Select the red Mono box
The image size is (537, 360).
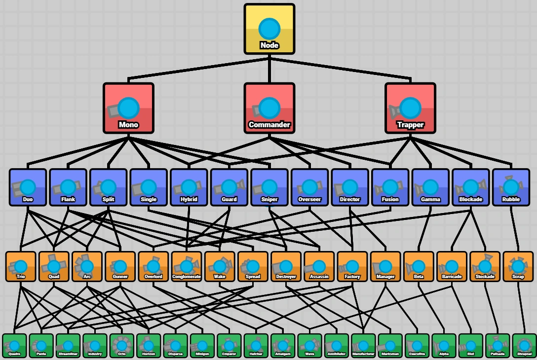(x=128, y=108)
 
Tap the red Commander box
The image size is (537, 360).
(x=269, y=108)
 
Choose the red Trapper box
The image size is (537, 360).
(x=410, y=108)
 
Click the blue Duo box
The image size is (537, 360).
(x=28, y=187)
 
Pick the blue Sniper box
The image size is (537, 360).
(x=269, y=187)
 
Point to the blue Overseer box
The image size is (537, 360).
(x=309, y=187)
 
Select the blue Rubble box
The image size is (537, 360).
(x=511, y=187)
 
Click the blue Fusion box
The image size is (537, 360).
(x=390, y=187)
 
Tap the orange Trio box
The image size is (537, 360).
(x=21, y=267)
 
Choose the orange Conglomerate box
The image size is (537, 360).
(x=187, y=267)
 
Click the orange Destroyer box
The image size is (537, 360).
(x=286, y=267)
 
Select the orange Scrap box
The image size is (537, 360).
(x=518, y=267)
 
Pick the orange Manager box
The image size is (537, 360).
(x=385, y=267)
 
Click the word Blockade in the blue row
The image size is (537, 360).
(x=470, y=200)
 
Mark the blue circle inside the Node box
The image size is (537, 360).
(x=269, y=28)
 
